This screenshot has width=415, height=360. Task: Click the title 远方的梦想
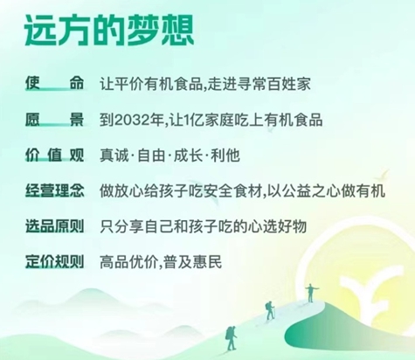(109, 31)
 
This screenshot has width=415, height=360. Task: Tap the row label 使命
(54, 83)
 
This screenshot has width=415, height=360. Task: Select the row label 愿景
(54, 120)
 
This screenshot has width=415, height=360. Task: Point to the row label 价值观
(54, 155)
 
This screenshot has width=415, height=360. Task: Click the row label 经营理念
(54, 190)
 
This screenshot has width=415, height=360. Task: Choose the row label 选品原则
(54, 226)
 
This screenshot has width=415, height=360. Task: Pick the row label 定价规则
(54, 262)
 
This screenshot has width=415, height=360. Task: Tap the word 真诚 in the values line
(114, 156)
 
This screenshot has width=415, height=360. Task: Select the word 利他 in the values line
(225, 156)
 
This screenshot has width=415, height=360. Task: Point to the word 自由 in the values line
(151, 156)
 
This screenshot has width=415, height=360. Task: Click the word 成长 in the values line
(188, 156)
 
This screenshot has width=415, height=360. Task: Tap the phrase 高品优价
(128, 262)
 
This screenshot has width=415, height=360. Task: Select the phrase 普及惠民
(193, 262)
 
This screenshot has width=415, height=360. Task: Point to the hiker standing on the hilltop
(311, 293)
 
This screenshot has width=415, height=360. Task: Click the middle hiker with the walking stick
(270, 310)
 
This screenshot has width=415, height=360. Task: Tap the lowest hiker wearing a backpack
(231, 338)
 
